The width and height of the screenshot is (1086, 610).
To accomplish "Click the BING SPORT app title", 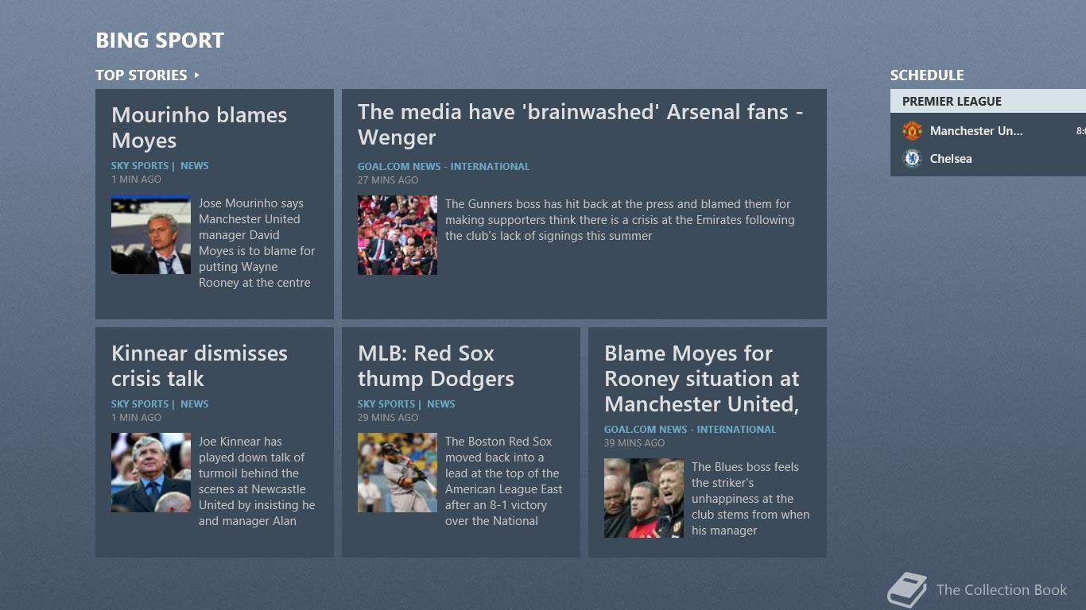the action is [160, 41].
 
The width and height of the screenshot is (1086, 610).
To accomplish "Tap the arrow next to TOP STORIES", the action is [197, 75].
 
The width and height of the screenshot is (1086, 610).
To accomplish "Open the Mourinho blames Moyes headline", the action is [200, 128].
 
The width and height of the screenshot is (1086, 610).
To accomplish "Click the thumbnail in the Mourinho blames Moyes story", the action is [151, 234].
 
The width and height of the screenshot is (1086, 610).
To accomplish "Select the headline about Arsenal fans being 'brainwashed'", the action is [580, 125].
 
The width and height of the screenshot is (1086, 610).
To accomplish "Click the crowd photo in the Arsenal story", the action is [398, 235].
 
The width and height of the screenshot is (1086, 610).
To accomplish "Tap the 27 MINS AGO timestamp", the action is [388, 180].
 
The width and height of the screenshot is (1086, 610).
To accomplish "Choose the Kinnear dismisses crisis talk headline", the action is [200, 366].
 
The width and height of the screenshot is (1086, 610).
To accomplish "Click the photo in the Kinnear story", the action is [151, 473].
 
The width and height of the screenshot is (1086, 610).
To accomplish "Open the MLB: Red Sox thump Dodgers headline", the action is [436, 366].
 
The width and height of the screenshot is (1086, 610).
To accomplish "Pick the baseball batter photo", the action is [398, 473].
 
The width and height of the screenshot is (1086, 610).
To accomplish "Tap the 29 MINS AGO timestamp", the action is [388, 418].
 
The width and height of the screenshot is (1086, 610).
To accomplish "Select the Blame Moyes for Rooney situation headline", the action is [701, 379].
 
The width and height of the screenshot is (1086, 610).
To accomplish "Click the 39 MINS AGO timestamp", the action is [634, 443].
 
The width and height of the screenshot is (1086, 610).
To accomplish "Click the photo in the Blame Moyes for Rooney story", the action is [644, 498].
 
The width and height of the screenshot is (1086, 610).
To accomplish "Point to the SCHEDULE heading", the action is [927, 75].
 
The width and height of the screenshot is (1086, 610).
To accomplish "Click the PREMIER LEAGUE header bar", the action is [988, 101].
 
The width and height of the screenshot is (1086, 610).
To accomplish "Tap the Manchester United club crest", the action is [912, 131].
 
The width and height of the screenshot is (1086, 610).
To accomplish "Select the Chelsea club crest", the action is [912, 158].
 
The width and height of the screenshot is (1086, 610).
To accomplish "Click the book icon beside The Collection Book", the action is [906, 589].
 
